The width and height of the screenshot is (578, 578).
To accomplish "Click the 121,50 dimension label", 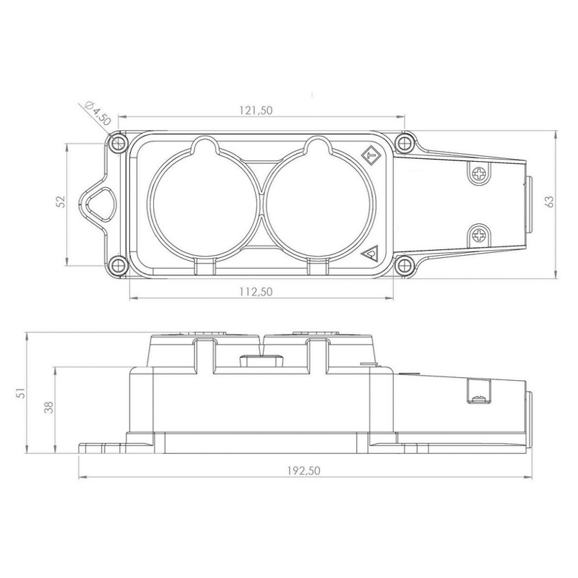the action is [x=256, y=111].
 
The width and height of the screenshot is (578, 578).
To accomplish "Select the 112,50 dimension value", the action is [x=256, y=292].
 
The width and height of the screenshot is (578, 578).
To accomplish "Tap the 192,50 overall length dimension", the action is [x=303, y=470].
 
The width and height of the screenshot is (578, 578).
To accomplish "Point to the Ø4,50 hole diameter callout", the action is [x=98, y=113].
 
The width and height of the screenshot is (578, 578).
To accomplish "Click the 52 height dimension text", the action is [x=61, y=202].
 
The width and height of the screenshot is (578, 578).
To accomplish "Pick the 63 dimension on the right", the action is [x=550, y=202].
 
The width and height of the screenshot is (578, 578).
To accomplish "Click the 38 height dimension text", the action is [x=48, y=407].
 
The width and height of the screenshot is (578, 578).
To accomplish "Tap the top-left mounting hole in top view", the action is [x=118, y=142].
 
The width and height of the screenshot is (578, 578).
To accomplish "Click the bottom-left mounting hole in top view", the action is [x=118, y=264].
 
